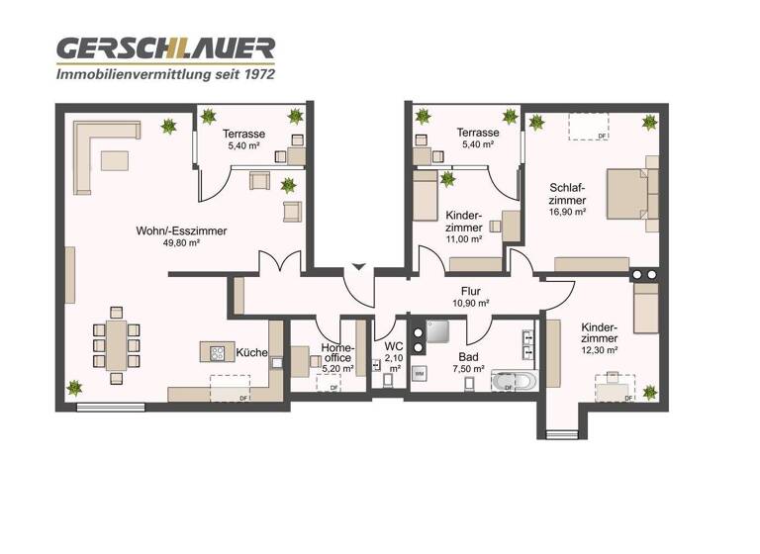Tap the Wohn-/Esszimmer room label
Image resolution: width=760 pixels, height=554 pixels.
click(x=182, y=231)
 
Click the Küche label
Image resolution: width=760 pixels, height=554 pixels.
click(x=249, y=352)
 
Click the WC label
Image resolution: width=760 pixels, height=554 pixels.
click(x=393, y=347)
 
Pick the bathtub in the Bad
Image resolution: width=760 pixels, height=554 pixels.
click(x=516, y=379)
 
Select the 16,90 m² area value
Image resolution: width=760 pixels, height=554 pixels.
click(x=567, y=212)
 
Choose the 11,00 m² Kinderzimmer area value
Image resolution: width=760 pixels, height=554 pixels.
click(x=463, y=238)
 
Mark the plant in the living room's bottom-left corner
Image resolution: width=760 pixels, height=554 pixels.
click(x=74, y=389)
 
